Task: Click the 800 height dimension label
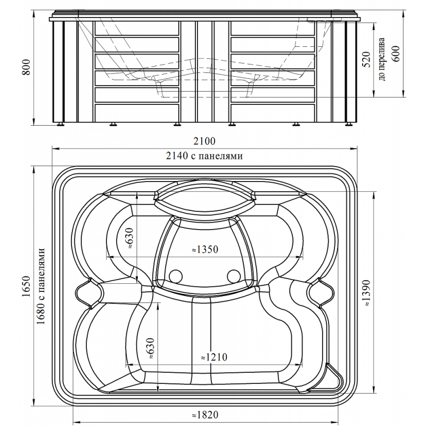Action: point(27,67)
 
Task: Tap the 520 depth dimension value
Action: point(366,60)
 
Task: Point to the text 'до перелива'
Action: point(381,59)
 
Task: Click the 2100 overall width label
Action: point(204,141)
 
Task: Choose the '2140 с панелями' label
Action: point(204,156)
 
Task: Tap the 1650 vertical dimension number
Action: point(27,286)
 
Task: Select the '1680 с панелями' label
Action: point(40,286)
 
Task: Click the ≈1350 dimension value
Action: point(205,249)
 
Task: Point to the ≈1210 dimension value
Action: point(214,357)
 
